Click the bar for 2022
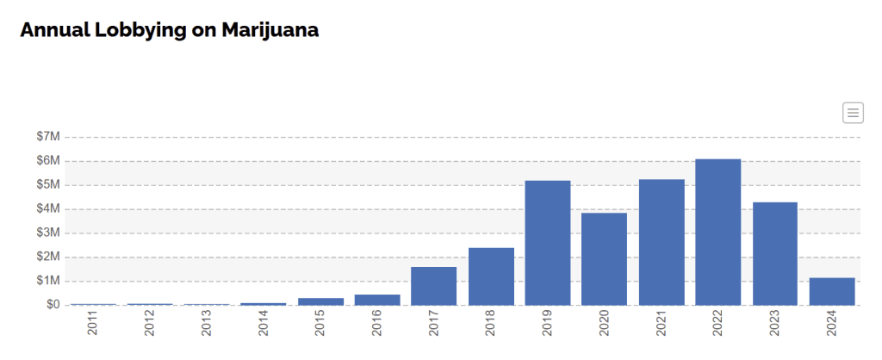click(x=718, y=232)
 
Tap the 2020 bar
click(x=604, y=258)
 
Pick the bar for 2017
click(x=434, y=285)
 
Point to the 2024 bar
click(x=832, y=291)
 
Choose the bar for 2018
click(x=491, y=276)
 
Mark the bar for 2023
click(x=775, y=253)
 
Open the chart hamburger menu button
click(x=853, y=112)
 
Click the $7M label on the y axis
click(x=48, y=137)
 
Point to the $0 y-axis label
click(x=53, y=305)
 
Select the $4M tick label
click(x=48, y=209)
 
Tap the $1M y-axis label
click(x=48, y=281)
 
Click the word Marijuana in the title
click(x=270, y=30)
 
